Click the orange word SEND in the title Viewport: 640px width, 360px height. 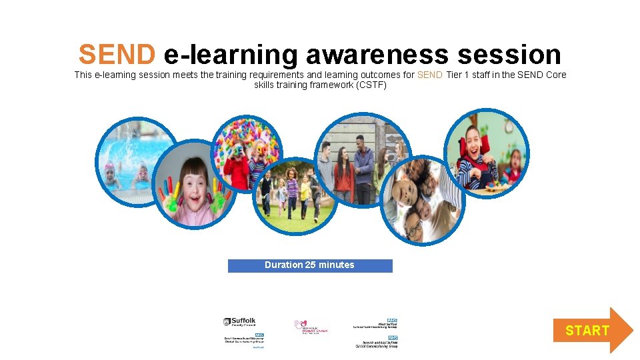point(117,54)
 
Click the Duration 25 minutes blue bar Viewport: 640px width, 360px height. point(310,265)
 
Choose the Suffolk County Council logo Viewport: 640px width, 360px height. point(239,322)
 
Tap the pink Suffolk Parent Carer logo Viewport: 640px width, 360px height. point(311,327)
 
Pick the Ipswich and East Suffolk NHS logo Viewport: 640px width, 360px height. point(376,342)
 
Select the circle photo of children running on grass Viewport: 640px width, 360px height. point(296,195)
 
